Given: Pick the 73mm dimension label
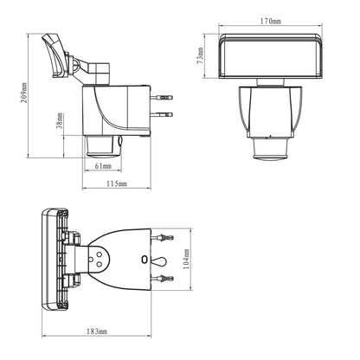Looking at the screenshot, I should pos(201,56).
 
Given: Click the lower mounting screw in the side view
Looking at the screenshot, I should pos(162,114).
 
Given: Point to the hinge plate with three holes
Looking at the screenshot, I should pos(97,257).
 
